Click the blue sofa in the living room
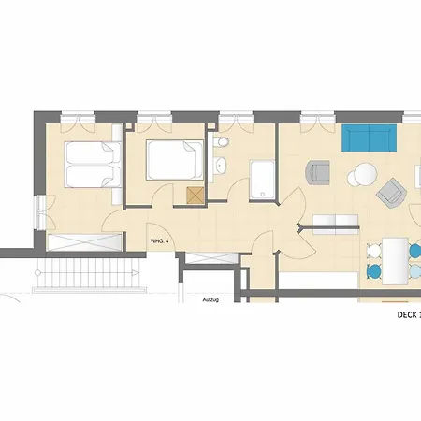[370, 138]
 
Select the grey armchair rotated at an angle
[390, 194]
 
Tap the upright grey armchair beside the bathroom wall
[319, 175]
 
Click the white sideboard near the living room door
[337, 223]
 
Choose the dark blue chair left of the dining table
[374, 270]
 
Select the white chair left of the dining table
[374, 250]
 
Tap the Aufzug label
[211, 299]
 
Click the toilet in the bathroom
[222, 142]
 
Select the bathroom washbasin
[222, 167]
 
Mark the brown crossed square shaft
[196, 196]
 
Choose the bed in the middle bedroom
[175, 160]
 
